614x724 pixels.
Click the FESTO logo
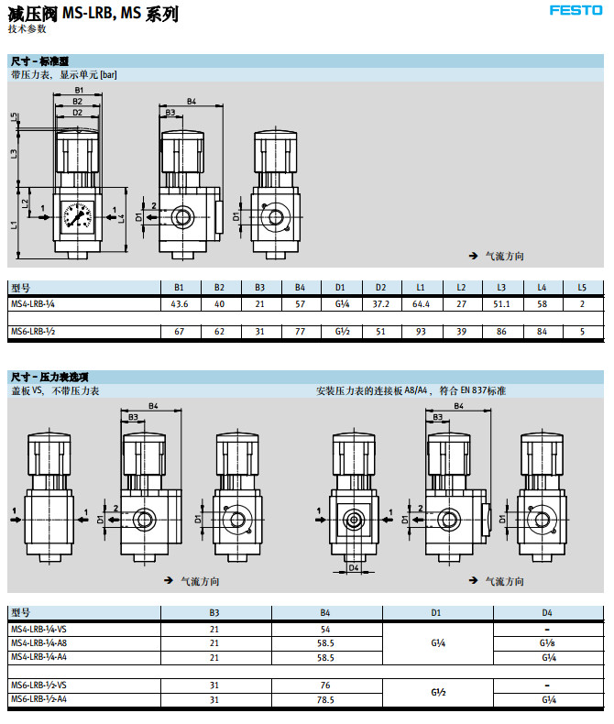coord(576,11)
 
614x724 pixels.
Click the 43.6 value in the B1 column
coord(180,303)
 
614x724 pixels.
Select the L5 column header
coord(582,287)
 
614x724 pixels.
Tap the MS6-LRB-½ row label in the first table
coord(33,331)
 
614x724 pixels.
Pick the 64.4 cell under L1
coord(422,303)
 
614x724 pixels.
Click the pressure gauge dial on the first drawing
coord(77,218)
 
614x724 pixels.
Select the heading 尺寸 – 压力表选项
coord(49,377)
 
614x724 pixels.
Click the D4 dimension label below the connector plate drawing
coord(354,568)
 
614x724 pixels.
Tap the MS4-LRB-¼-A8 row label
coord(41,643)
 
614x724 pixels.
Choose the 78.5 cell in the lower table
coord(326,699)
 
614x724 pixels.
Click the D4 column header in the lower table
coord(547,612)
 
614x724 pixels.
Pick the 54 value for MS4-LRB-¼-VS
coord(326,630)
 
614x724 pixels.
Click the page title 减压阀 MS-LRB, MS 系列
coord(92,14)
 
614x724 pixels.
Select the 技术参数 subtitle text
coord(27,29)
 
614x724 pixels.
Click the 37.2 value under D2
coord(381,303)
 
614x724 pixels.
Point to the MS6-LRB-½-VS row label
coord(42,685)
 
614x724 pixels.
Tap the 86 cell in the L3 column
coord(501,331)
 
